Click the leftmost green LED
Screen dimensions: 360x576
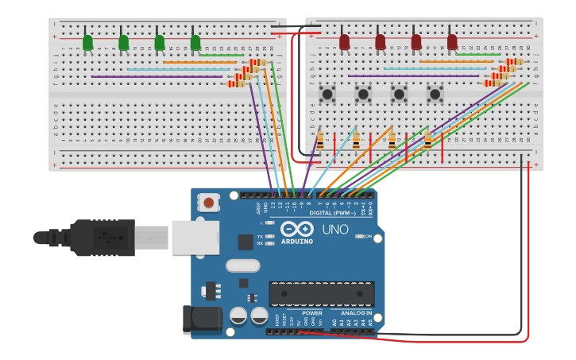tap(87, 42)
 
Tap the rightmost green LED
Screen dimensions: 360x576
tap(195, 42)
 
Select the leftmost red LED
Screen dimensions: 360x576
tap(344, 41)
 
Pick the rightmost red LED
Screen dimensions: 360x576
tap(452, 41)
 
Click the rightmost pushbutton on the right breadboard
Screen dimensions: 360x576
tap(435, 94)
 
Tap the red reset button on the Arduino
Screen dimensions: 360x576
tap(208, 203)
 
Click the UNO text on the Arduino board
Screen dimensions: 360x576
tap(334, 230)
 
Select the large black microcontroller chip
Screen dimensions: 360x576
tap(321, 293)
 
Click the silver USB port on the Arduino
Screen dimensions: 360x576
tap(195, 237)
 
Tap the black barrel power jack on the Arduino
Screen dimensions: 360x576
tap(202, 319)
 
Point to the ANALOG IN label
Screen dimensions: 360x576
tap(356, 313)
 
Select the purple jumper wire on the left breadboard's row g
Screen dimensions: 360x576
tap(159, 76)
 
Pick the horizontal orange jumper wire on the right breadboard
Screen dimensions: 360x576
tap(456, 62)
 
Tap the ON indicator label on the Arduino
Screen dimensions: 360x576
tap(368, 236)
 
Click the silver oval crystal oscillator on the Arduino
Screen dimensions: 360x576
tap(243, 265)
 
